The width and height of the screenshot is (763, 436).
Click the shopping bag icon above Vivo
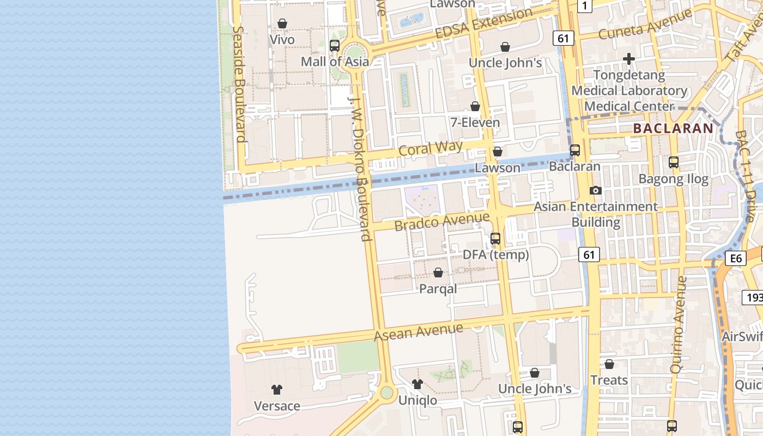point(282,23)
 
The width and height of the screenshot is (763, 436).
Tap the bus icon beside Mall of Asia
point(335,46)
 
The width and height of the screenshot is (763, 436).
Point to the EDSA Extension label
point(484,24)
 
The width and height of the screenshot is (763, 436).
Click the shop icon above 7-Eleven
point(475,106)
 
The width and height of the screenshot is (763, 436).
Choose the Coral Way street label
point(431,148)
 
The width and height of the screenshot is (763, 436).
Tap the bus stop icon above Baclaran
point(575,150)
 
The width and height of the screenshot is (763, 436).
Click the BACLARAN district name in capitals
point(673,129)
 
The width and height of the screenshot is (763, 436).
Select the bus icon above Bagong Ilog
point(674,162)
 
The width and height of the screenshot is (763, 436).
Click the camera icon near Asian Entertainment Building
point(596,190)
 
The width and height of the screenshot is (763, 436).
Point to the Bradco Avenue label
point(442,222)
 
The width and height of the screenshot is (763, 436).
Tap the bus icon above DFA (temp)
point(495,239)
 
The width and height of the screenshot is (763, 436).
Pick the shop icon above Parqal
point(438,272)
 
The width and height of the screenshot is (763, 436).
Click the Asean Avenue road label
point(419,331)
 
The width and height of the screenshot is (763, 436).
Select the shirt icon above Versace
point(277,390)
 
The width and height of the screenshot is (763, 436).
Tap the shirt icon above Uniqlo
point(417,384)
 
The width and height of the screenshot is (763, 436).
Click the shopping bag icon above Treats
point(609,364)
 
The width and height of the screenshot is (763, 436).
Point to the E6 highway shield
point(736,258)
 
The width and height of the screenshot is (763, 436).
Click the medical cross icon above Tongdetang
point(629,59)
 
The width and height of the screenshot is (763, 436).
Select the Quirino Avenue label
point(679,324)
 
